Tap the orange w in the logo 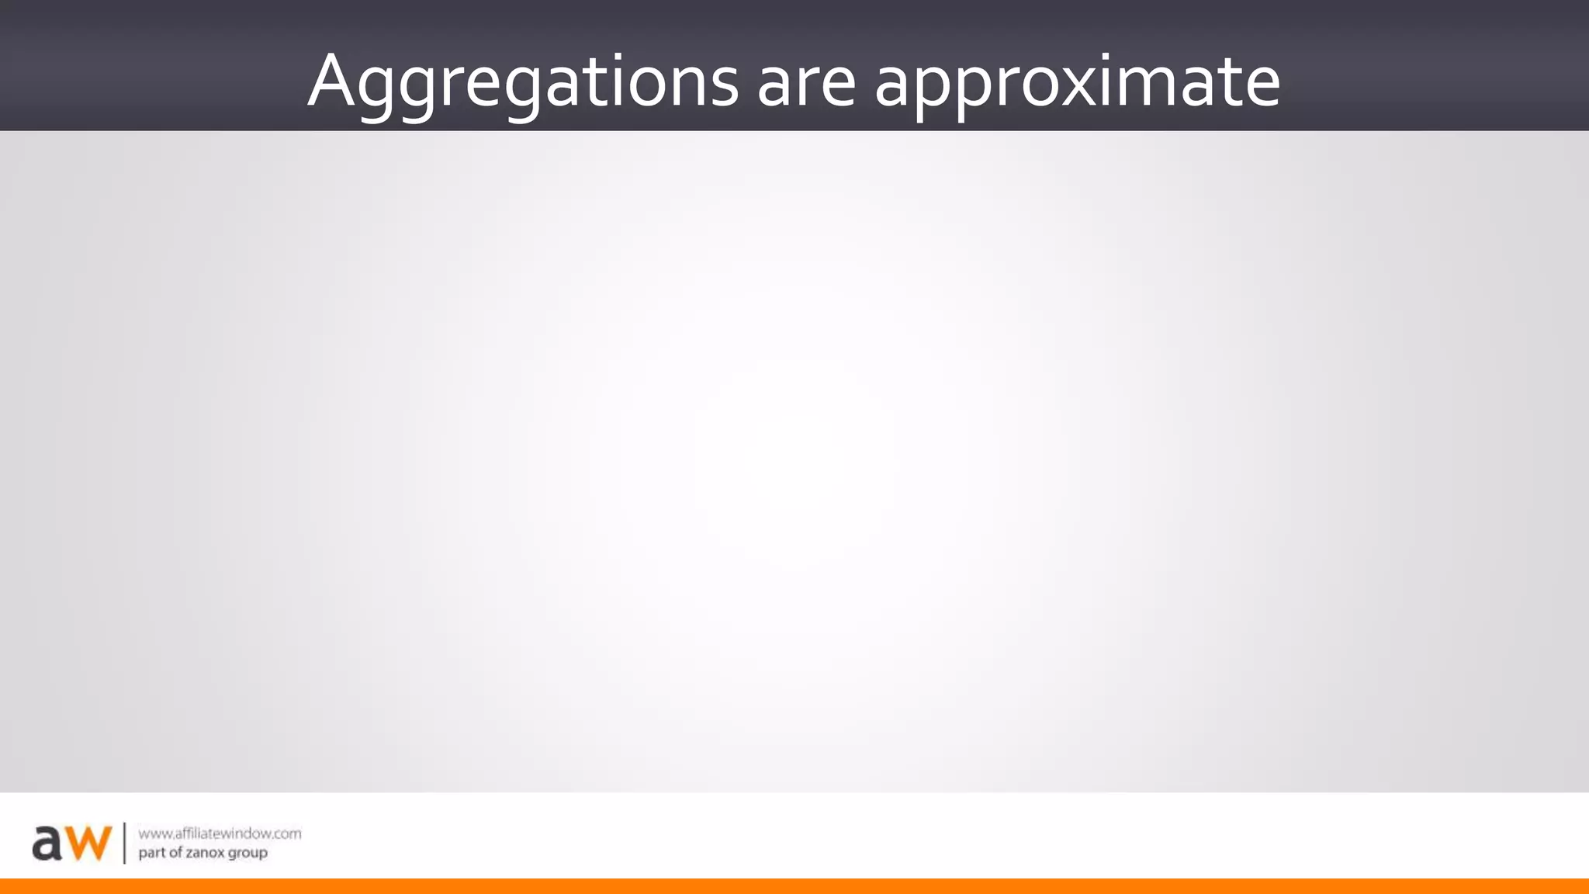[x=88, y=843]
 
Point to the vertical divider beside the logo [x=124, y=843]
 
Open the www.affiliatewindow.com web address [x=220, y=833]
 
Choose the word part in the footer [x=151, y=853]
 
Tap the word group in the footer [x=248, y=854]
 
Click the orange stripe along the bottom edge [x=794, y=886]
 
